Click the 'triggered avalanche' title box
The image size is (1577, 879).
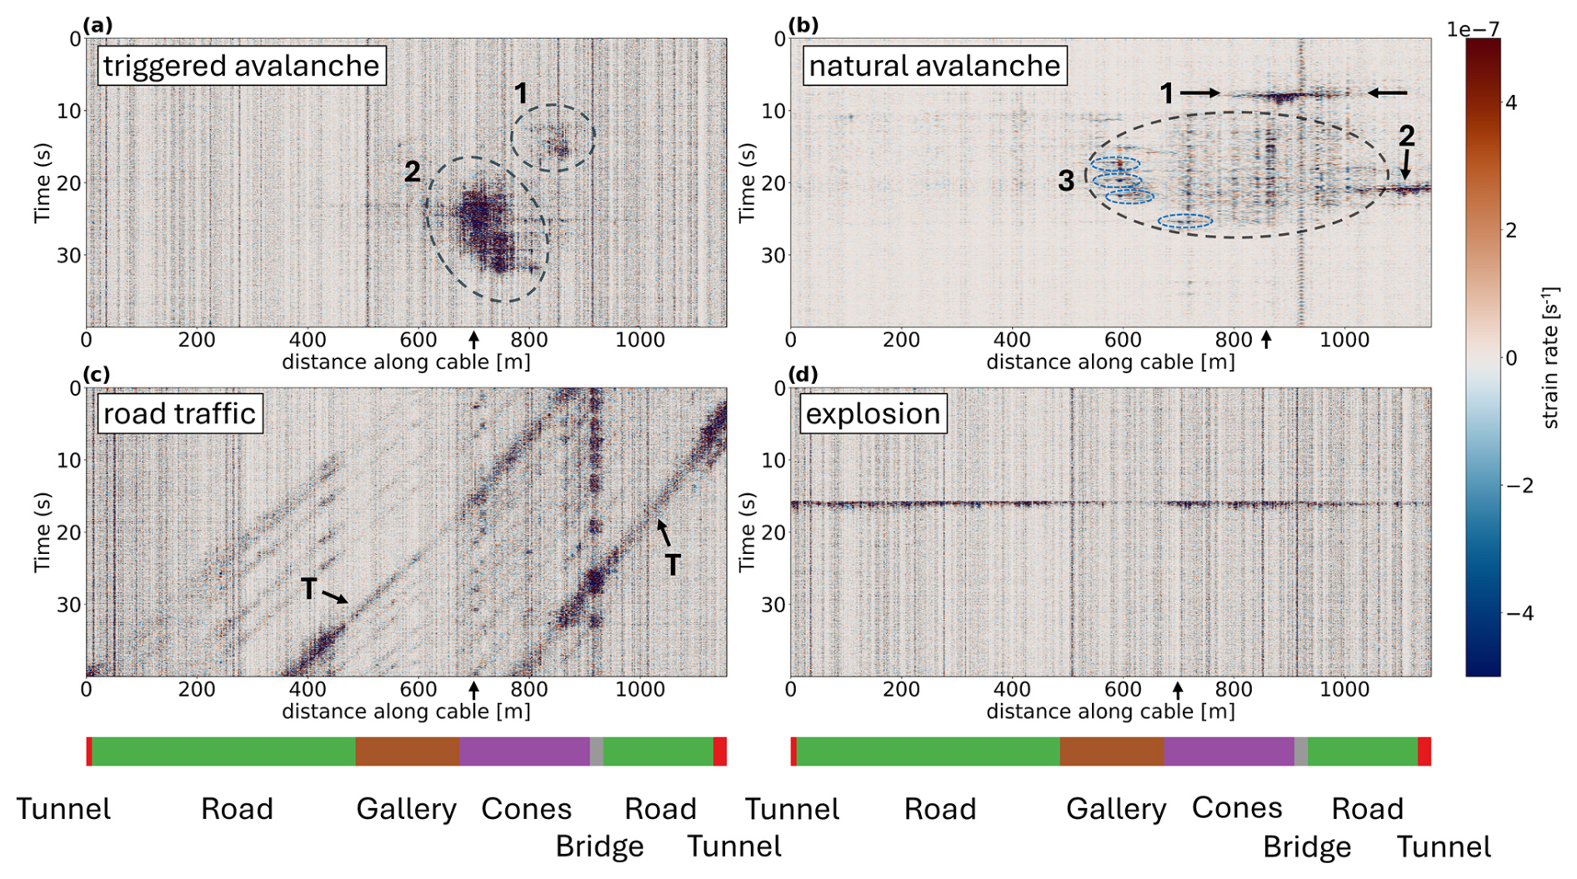(241, 66)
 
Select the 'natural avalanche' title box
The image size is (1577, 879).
(934, 66)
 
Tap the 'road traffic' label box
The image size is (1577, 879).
(179, 413)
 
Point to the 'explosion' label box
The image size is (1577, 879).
(873, 413)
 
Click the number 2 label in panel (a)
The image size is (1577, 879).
(413, 172)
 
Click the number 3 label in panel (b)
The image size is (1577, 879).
(1066, 181)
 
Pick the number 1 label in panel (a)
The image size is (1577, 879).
(521, 94)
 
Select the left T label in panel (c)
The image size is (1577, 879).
(309, 589)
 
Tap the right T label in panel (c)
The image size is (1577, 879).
(672, 565)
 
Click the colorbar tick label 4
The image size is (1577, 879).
(1511, 102)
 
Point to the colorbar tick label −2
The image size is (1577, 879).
(1519, 486)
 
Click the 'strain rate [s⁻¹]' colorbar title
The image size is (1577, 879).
(1550, 358)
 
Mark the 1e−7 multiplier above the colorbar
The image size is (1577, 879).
(1472, 30)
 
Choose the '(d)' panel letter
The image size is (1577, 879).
(803, 374)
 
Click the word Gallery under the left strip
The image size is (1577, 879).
(406, 809)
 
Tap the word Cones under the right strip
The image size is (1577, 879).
(1237, 807)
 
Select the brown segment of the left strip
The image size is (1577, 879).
(407, 752)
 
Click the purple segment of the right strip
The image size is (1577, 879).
(1229, 752)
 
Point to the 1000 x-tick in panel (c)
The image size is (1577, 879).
(640, 690)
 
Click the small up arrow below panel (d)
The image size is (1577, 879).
(1178, 690)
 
